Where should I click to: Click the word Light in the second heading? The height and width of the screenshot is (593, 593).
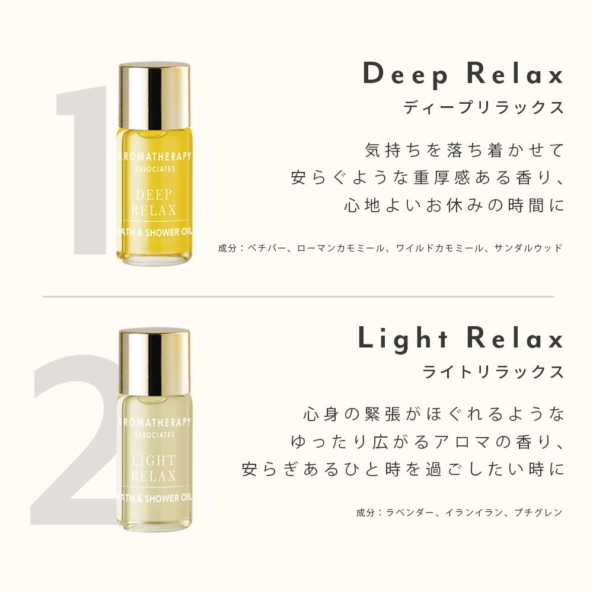click(x=403, y=339)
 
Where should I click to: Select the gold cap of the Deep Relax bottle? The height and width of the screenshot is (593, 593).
click(x=154, y=95)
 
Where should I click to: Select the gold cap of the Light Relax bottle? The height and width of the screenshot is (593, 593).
click(x=154, y=362)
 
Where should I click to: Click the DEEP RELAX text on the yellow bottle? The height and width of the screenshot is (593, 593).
click(x=154, y=202)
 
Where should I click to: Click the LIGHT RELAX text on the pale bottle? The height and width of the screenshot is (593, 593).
click(x=154, y=468)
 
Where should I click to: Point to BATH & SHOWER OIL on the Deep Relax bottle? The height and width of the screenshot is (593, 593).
click(x=154, y=232)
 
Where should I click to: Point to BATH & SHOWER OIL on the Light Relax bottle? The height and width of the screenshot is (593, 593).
click(x=154, y=498)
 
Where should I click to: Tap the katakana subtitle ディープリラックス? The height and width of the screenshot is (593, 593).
click(x=484, y=107)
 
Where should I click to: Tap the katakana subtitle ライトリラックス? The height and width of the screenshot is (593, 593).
click(x=493, y=372)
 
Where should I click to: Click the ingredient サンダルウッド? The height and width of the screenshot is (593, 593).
click(x=528, y=248)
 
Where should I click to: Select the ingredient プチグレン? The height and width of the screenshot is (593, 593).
click(x=538, y=512)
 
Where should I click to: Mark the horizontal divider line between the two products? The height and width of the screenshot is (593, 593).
click(x=298, y=296)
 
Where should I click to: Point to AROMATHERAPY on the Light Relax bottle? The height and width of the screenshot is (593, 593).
click(x=155, y=422)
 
